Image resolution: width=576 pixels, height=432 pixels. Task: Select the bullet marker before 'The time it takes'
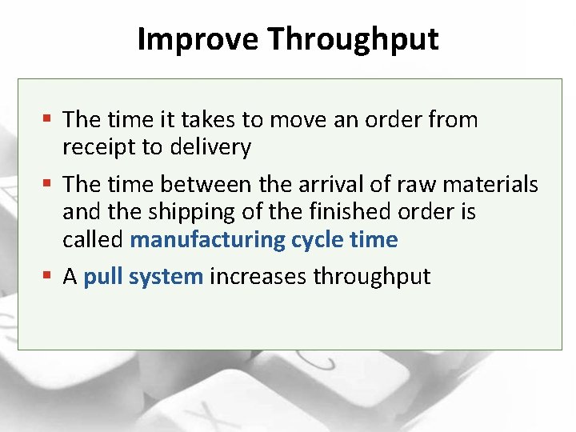click(47, 119)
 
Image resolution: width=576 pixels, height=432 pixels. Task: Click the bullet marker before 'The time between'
click(47, 184)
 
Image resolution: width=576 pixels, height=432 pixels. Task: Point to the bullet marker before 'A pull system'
click(47, 276)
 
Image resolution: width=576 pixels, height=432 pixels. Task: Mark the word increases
click(258, 277)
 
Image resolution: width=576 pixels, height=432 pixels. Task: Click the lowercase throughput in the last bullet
click(371, 277)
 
